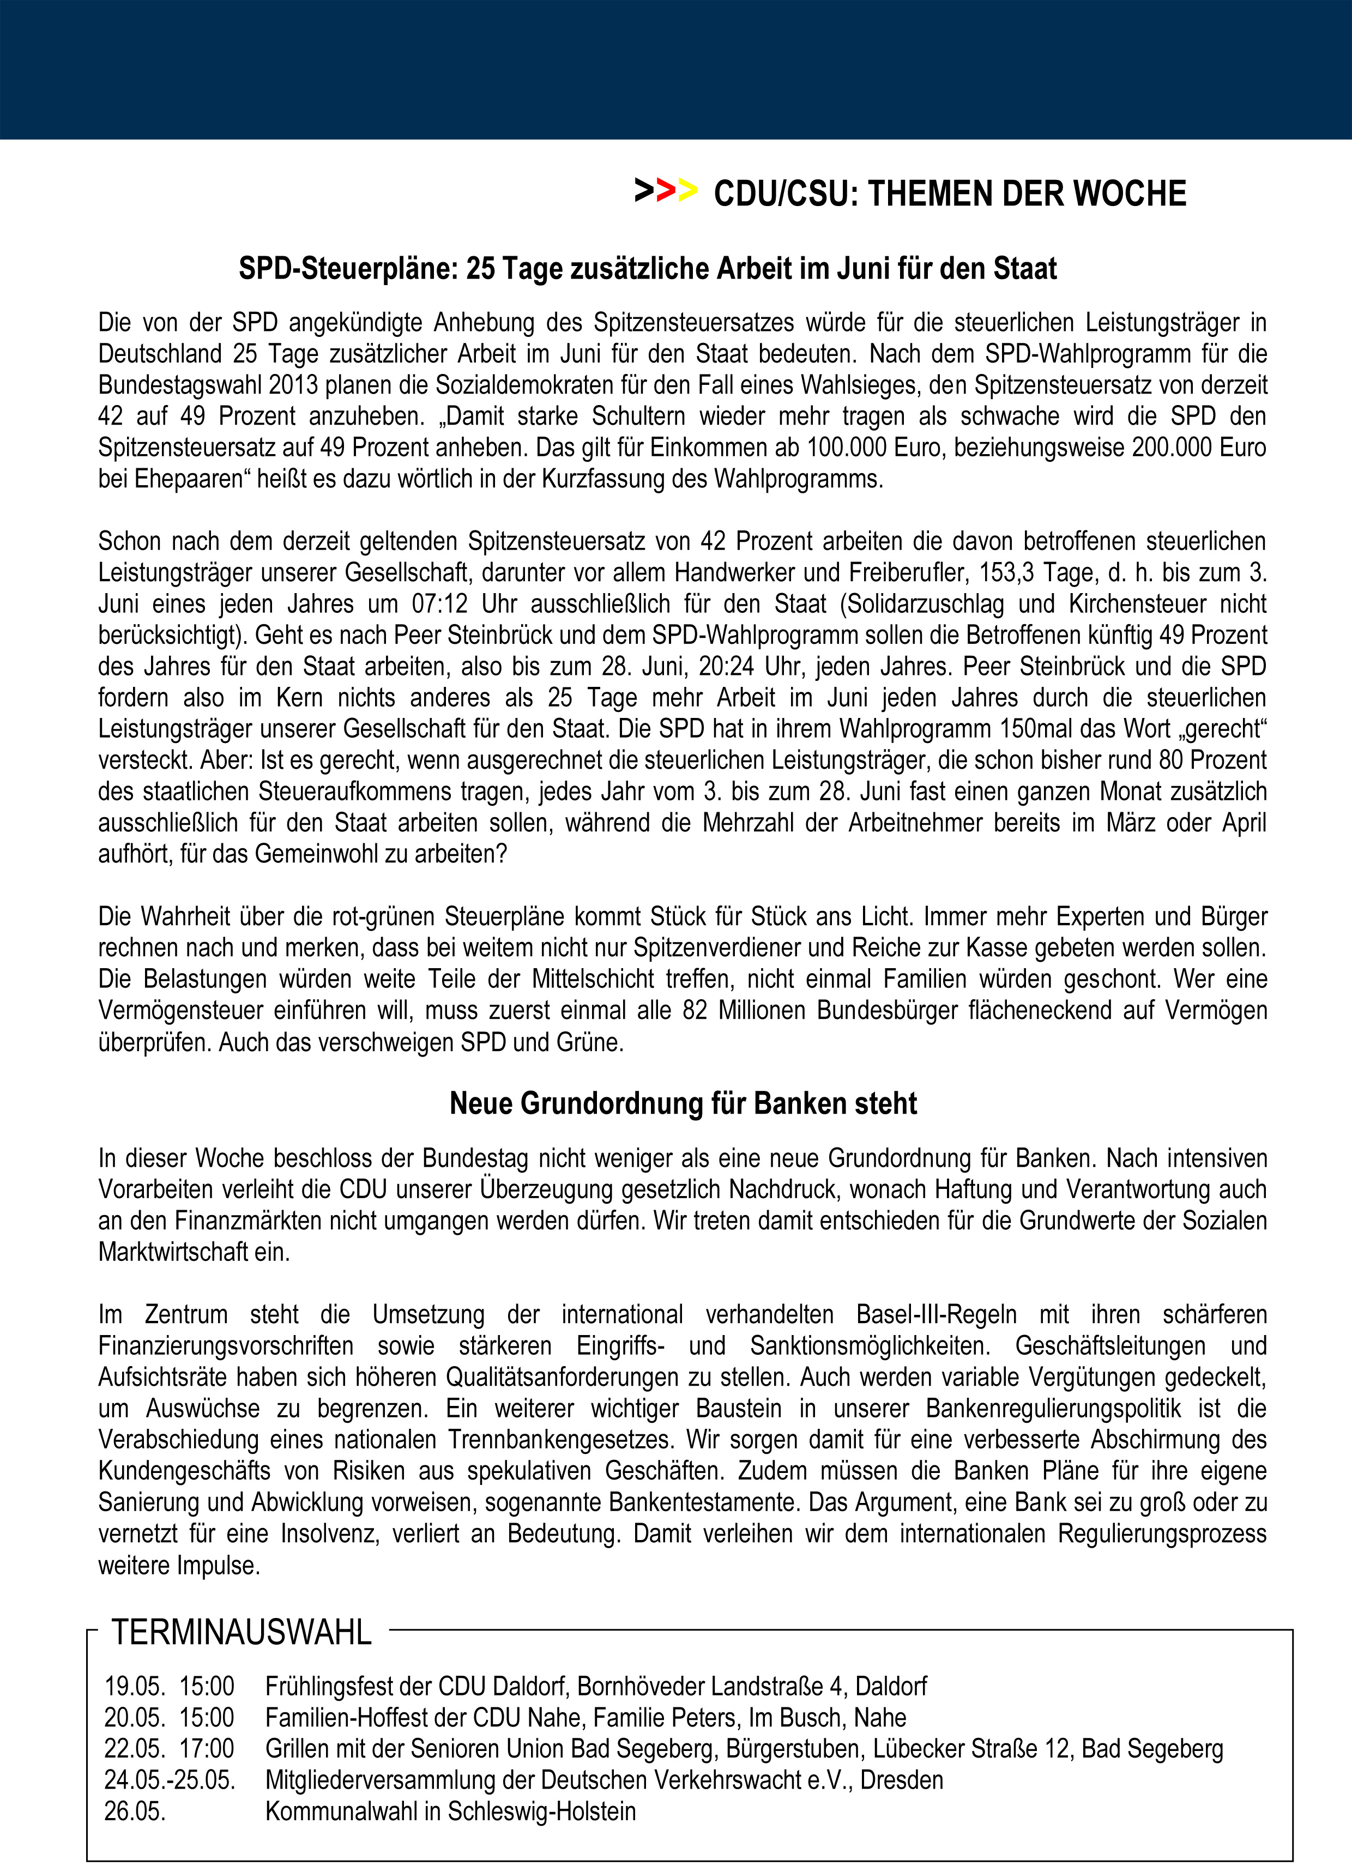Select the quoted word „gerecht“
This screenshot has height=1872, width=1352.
[1218, 729]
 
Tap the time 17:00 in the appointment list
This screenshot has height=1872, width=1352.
[207, 1748]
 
